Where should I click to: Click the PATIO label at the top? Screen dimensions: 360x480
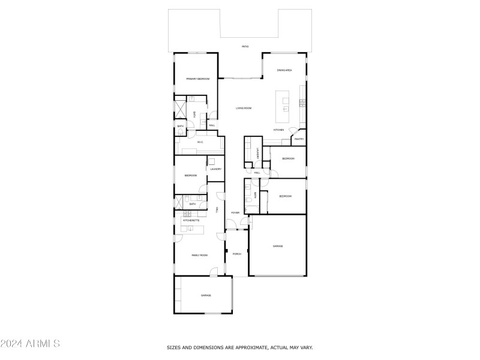coord(245,46)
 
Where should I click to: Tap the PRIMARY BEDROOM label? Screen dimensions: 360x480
coord(197,79)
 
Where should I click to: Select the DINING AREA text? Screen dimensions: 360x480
coord(284,70)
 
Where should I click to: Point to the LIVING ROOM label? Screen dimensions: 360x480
coord(243,108)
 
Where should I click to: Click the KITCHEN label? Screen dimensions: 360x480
coord(278,130)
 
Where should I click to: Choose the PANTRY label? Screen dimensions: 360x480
coord(299,139)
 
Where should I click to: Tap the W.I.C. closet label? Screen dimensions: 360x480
coord(200,142)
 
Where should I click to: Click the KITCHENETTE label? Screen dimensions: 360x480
coord(191,220)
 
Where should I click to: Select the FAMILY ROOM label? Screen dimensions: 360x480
coord(199,255)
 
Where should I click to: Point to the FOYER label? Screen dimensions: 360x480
coord(236,212)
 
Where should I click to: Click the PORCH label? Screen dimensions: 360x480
coord(237,254)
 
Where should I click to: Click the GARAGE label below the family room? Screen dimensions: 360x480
coord(206,295)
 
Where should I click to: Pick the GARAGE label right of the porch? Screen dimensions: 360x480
coord(278,246)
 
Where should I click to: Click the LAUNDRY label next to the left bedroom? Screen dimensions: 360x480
coord(216,169)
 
